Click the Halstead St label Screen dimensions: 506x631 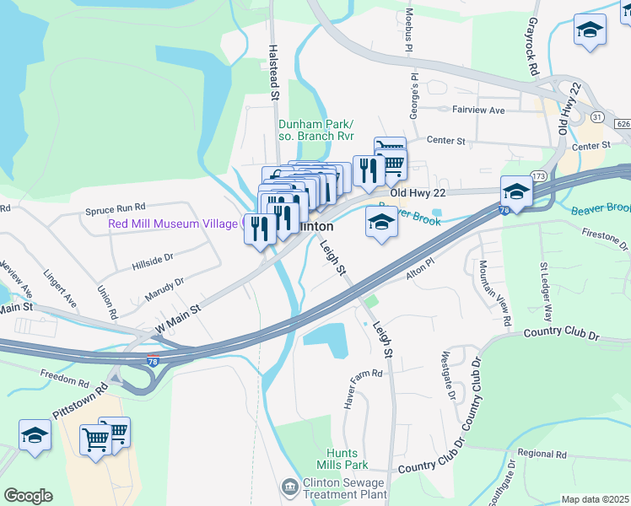273,73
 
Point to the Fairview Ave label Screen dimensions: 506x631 477,110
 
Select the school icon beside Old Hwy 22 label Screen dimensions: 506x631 515,191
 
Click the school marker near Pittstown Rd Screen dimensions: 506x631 35,436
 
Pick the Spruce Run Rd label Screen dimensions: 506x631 116,206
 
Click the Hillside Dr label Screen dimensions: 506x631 153,264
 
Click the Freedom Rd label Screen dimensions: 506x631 63,373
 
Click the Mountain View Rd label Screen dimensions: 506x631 495,293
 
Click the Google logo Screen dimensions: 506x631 28,496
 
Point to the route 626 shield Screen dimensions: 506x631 623,124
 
